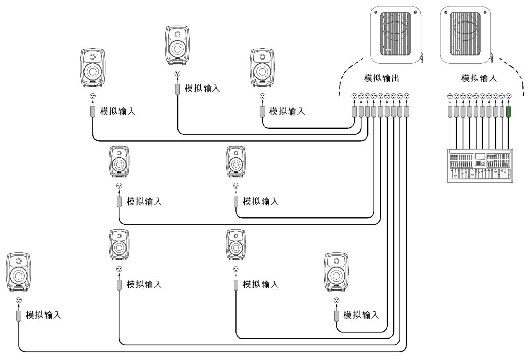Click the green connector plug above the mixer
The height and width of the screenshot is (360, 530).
pyautogui.click(x=509, y=112)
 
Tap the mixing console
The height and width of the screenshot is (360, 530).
pyautogui.click(x=480, y=165)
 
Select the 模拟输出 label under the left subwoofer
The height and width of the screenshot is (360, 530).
pyautogui.click(x=382, y=78)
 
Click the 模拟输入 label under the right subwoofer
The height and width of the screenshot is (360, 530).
pyautogui.click(x=479, y=78)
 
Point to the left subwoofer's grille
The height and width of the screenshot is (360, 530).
pyautogui.click(x=396, y=34)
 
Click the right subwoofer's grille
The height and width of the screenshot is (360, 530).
pyautogui.click(x=465, y=34)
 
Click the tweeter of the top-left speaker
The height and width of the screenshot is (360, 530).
pyautogui.click(x=93, y=57)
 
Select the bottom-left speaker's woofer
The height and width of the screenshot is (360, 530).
pyautogui.click(x=18, y=275)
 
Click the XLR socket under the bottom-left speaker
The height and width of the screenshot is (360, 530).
pyautogui.click(x=19, y=300)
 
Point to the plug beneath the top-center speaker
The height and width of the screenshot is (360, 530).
pyautogui.click(x=177, y=89)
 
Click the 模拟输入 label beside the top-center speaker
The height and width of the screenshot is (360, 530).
pyautogui.click(x=202, y=88)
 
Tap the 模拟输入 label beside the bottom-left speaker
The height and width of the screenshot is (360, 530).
pyautogui.click(x=43, y=315)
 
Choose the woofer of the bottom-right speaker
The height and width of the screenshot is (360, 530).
pyautogui.click(x=336, y=275)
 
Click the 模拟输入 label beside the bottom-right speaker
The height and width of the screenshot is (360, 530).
pyautogui.click(x=361, y=315)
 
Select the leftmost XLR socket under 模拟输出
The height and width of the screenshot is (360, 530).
pyautogui.click(x=354, y=96)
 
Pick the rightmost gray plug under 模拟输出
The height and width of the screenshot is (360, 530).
pyautogui.click(x=406, y=112)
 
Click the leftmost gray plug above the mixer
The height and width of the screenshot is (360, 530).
pyautogui.click(x=450, y=112)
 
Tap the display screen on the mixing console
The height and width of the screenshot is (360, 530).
pyautogui.click(x=479, y=156)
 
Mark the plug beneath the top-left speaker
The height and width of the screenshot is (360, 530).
pyautogui.click(x=93, y=112)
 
